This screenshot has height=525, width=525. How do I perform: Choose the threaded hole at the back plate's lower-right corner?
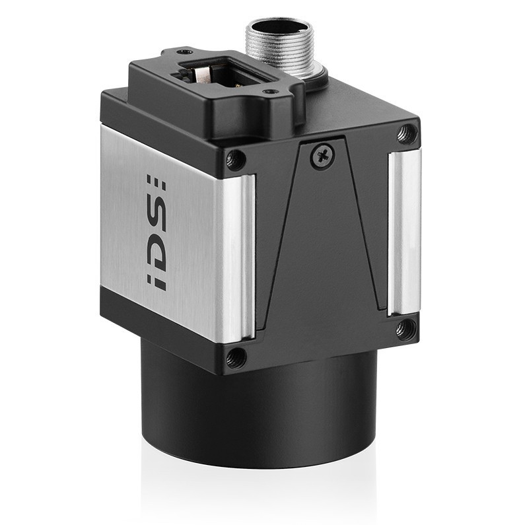[x=405, y=328]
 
